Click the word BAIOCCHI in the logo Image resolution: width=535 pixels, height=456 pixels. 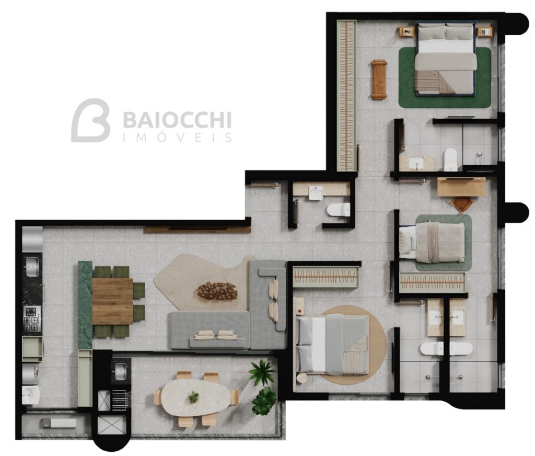click(x=177, y=120)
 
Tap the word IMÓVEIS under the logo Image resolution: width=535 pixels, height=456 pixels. click(x=177, y=138)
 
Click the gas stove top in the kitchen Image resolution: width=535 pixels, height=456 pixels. click(x=32, y=318)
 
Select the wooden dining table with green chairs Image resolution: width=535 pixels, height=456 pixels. click(x=113, y=301)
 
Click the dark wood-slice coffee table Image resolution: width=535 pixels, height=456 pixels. click(x=217, y=291)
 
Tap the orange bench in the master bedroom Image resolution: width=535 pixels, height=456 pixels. click(x=379, y=79)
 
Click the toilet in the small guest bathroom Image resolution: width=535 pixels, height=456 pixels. click(x=339, y=210)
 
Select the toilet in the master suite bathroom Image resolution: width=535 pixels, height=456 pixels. click(x=450, y=159)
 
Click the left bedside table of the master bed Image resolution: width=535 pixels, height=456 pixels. click(x=407, y=32)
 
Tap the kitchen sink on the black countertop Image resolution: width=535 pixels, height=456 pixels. click(x=32, y=267)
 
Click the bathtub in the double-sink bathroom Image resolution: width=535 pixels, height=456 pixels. click(x=446, y=349)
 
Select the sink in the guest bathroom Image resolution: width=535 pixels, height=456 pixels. click(x=316, y=192)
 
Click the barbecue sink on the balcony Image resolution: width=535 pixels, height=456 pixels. click(x=121, y=371)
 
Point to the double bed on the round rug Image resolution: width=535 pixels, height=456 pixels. click(x=333, y=345)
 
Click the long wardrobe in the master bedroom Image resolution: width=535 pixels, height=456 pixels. click(x=347, y=96)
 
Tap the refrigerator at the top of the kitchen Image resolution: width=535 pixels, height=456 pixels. click(x=32, y=240)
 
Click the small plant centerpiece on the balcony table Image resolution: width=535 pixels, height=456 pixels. click(x=193, y=397)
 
